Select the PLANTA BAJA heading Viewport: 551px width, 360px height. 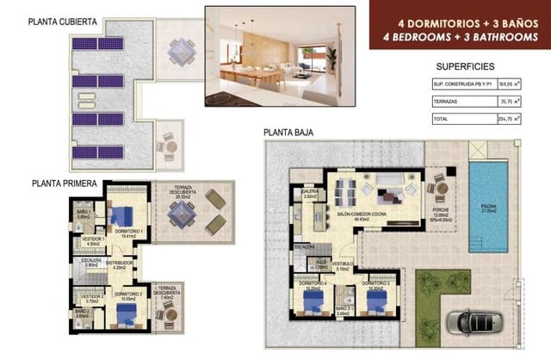pos(288,133)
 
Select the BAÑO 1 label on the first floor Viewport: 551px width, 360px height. pos(84,211)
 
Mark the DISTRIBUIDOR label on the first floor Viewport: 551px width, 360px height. pos(119,264)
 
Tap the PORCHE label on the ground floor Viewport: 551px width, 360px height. pos(441,211)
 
